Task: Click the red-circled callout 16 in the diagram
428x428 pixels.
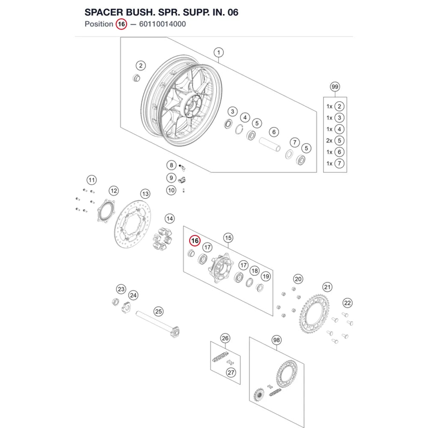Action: [195, 241]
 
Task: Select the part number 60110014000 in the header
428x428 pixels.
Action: [162, 24]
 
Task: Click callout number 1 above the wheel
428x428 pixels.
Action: [218, 52]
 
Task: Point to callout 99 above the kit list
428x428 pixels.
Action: [335, 87]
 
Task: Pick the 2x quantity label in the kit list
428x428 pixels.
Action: [329, 140]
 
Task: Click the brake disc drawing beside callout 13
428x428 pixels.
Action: [132, 224]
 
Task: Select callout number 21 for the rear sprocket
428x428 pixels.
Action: [327, 287]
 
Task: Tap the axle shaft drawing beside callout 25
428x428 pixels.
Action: [158, 324]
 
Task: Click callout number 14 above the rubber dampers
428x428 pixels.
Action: [169, 219]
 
